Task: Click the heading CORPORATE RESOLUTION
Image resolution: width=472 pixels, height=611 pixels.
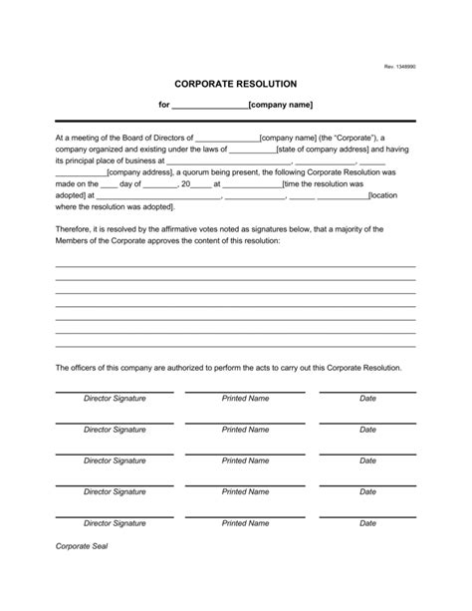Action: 235,85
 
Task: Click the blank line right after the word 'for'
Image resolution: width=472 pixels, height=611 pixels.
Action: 210,106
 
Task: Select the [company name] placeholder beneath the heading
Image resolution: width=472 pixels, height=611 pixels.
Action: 281,105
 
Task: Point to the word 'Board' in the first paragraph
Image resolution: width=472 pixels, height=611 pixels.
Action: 137,138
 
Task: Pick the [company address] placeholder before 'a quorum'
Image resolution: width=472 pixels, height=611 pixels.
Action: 141,172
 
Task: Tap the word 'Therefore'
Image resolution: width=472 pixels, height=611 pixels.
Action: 75,229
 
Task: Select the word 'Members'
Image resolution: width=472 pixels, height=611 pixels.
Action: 73,241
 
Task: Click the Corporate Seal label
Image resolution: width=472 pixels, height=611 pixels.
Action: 81,575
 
